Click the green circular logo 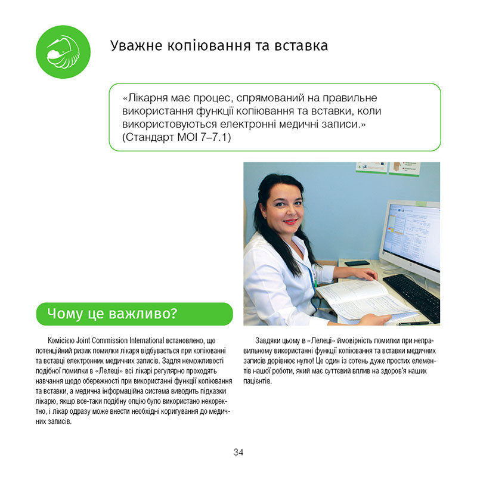click(63, 52)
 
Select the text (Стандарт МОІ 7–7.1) click(176, 138)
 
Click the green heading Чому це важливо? click(134, 314)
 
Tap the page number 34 click(238, 452)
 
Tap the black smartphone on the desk click(357, 263)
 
